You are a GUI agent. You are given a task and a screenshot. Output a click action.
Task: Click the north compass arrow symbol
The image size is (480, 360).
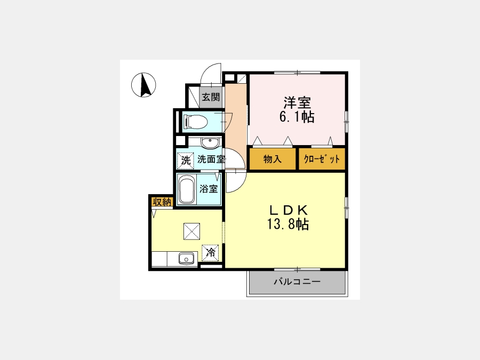143,85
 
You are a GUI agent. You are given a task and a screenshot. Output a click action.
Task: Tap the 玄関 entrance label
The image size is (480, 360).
211,98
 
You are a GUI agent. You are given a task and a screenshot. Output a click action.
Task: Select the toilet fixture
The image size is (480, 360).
195,122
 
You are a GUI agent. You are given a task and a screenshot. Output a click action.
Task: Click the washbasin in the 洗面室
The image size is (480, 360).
210,142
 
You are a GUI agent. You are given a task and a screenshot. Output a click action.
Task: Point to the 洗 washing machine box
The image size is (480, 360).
186,161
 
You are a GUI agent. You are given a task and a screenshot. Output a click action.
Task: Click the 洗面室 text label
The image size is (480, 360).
211,159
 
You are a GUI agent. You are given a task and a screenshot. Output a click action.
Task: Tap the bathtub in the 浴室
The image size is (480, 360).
187,189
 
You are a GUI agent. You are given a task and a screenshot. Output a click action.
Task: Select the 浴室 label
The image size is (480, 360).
209,189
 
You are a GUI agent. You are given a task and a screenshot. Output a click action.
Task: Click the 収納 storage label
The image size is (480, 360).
162,202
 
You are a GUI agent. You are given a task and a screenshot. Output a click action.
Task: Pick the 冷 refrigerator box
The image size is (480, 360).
210,253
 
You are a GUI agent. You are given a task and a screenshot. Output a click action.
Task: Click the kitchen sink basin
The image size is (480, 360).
186,259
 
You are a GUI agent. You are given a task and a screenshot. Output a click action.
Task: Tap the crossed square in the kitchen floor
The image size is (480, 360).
191,231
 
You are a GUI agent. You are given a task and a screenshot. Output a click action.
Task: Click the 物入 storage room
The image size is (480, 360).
273,159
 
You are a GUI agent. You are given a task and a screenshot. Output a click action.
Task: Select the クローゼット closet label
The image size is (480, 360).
322,159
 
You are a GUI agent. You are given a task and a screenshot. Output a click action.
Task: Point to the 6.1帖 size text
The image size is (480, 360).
297,117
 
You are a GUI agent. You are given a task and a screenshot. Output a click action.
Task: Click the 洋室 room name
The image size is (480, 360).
297,102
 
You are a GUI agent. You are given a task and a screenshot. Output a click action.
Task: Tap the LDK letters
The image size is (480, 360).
288,210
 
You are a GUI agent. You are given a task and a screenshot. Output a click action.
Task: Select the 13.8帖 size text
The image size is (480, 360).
288,225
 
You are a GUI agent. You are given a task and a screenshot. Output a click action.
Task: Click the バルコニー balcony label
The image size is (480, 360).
297,281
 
